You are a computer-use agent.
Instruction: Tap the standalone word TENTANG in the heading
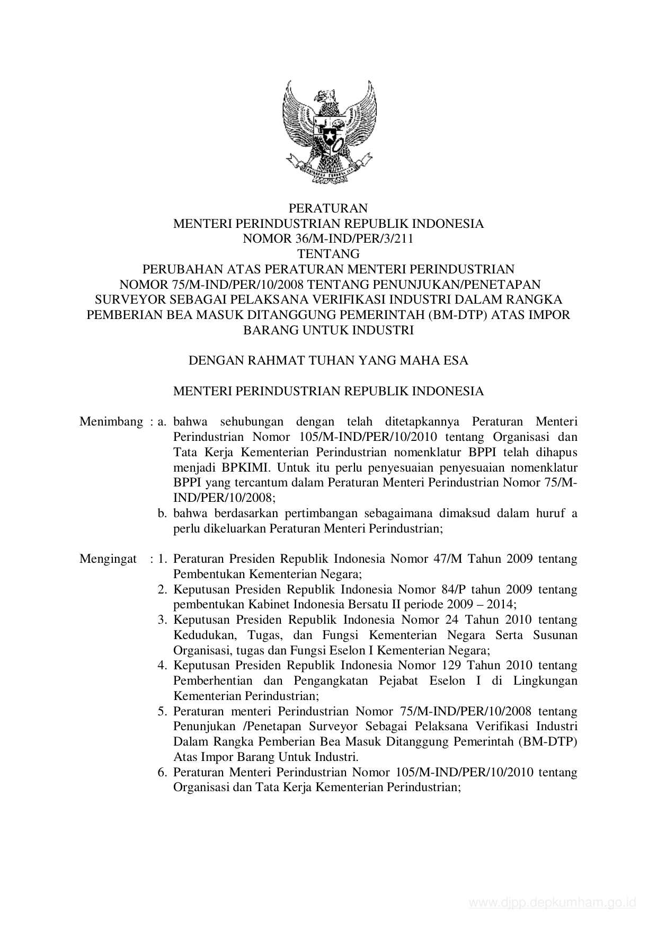328,254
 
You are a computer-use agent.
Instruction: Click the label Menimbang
111,422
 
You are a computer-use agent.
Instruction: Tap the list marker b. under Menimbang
163,513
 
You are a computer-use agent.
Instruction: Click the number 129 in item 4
450,666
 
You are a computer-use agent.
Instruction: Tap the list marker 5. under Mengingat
163,711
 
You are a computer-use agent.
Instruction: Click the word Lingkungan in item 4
545,681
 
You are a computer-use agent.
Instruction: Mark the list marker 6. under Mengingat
163,773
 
